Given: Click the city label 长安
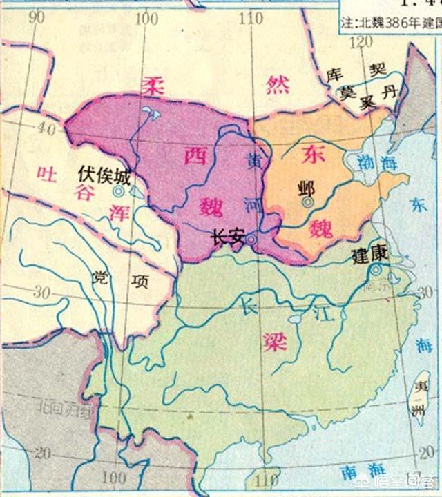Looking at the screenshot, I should pyautogui.click(x=227, y=237).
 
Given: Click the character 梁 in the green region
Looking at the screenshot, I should pyautogui.click(x=274, y=341).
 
